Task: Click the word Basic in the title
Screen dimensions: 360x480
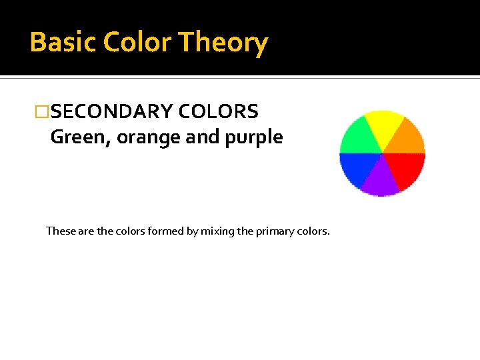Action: (57, 42)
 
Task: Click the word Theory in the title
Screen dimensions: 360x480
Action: (223, 42)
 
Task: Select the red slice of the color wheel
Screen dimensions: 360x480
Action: (407, 169)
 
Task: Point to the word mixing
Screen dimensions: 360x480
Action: (216, 231)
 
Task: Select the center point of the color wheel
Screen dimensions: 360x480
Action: (383, 153)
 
